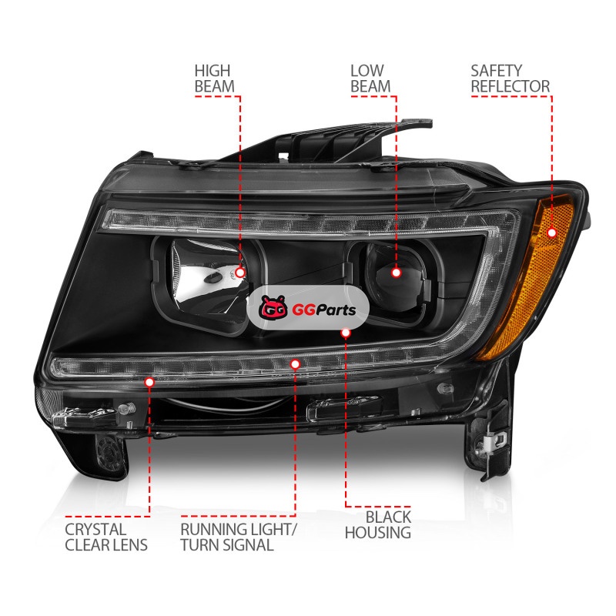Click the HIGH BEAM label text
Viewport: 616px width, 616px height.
[x=215, y=79]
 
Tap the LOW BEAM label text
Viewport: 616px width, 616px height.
[x=370, y=79]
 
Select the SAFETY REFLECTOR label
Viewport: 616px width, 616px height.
[x=511, y=79]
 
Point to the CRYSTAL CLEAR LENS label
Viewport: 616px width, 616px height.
[x=106, y=537]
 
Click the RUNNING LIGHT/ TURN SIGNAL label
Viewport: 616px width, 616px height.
[x=238, y=537]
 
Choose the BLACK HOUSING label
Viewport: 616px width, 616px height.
[x=378, y=524]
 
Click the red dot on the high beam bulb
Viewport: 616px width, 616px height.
[x=239, y=273]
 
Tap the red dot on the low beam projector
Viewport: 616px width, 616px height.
[x=396, y=273]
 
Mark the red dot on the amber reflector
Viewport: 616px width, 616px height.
[x=552, y=233]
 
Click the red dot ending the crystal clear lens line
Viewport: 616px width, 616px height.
[x=149, y=382]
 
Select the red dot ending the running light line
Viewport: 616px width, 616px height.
[x=295, y=364]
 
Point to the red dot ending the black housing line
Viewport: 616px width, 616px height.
[x=346, y=333]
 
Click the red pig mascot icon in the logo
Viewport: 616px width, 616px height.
[x=273, y=307]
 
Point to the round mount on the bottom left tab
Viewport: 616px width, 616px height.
[x=110, y=453]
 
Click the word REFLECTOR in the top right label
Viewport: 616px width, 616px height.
[x=511, y=87]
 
